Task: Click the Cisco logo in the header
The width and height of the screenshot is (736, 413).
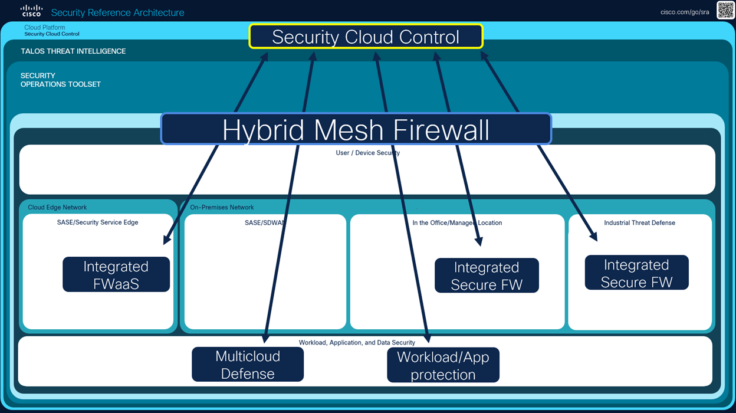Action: click(31, 11)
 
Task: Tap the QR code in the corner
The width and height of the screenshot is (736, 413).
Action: click(725, 10)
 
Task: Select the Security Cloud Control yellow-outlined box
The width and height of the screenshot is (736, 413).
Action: click(366, 37)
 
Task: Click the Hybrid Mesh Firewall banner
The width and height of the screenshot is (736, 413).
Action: click(356, 129)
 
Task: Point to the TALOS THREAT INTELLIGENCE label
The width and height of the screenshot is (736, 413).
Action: click(73, 51)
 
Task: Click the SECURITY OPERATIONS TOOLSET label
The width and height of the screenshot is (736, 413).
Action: click(60, 80)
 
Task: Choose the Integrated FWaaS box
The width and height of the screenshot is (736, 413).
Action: click(116, 275)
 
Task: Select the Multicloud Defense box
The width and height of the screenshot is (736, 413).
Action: click(248, 365)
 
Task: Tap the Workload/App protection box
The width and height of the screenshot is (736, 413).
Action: click(443, 365)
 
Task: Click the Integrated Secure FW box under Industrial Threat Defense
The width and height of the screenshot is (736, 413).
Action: click(636, 273)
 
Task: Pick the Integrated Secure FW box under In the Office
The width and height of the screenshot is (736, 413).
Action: click(487, 276)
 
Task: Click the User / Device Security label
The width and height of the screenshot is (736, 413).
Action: click(367, 153)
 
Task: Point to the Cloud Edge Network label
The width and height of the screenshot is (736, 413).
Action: click(57, 208)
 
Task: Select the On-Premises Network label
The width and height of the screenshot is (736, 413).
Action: click(222, 208)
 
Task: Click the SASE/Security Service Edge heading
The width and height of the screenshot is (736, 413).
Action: click(98, 222)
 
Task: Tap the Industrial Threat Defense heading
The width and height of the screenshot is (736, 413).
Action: click(639, 223)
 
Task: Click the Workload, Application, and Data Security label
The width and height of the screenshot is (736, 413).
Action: click(357, 342)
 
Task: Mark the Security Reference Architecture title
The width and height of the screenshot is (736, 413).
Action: click(117, 12)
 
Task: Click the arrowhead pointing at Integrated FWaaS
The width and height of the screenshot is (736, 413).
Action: click(166, 240)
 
